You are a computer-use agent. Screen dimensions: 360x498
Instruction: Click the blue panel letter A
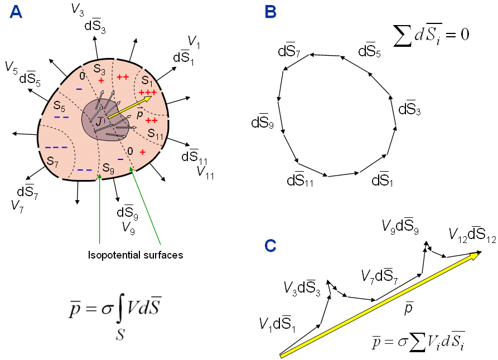pos(16,12)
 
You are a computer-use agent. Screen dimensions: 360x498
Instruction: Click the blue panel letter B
pos(270,12)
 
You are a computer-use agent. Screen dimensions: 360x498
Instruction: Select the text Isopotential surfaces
pos(136,255)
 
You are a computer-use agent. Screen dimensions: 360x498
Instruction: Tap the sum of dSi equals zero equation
pos(431,35)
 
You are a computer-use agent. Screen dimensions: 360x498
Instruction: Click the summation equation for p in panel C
pos(415,342)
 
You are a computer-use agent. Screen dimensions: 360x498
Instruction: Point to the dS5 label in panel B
pos(370,52)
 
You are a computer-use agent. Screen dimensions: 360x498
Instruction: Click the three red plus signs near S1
pos(148,92)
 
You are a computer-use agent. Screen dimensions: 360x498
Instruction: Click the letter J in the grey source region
pos(98,121)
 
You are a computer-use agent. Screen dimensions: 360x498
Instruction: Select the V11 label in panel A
pos(206,171)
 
